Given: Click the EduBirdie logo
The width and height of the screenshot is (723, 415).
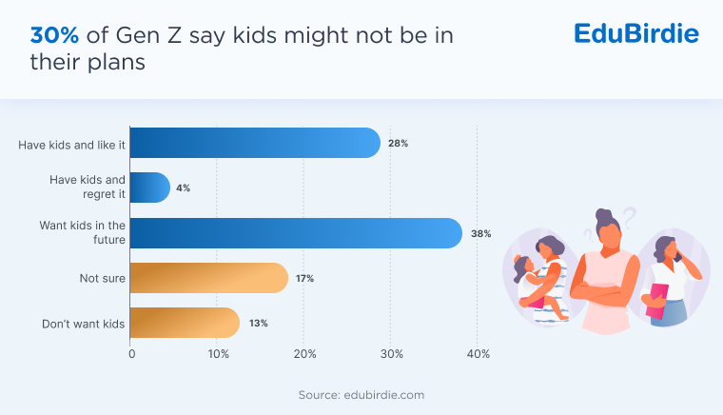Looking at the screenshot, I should pyautogui.click(x=636, y=34).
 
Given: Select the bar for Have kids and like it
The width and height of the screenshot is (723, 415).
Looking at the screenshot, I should pyautogui.click(x=254, y=143).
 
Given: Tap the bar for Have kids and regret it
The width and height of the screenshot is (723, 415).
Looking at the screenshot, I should pyautogui.click(x=149, y=188).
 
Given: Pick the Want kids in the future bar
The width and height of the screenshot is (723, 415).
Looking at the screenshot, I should pyautogui.click(x=295, y=232).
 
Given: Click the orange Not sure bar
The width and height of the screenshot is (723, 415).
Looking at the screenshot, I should pyautogui.click(x=208, y=278).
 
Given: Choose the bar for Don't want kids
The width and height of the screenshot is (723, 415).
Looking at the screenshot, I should pyautogui.click(x=185, y=323).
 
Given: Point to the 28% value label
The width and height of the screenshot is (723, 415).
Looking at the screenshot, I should pyautogui.click(x=398, y=143).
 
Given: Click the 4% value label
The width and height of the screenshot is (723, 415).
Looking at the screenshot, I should pyautogui.click(x=183, y=188).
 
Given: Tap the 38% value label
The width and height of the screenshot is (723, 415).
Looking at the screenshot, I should pyautogui.click(x=480, y=232).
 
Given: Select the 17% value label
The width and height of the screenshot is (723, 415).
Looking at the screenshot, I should pyautogui.click(x=304, y=278).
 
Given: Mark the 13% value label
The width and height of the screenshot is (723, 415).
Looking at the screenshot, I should pyautogui.click(x=258, y=323).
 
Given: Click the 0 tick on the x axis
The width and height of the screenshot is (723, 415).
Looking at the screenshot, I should pyautogui.click(x=131, y=354).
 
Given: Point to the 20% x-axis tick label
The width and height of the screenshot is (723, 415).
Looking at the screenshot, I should pyautogui.click(x=304, y=354).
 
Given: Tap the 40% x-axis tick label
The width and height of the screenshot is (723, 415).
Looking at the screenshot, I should pyautogui.click(x=478, y=354).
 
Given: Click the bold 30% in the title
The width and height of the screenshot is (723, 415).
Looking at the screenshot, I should pyautogui.click(x=54, y=35).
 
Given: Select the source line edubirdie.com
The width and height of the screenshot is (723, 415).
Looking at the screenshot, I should pyautogui.click(x=361, y=393).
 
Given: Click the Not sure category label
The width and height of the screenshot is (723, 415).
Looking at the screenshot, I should pyautogui.click(x=102, y=278).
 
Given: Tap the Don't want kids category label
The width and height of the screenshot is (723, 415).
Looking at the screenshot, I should pyautogui.click(x=84, y=324).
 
